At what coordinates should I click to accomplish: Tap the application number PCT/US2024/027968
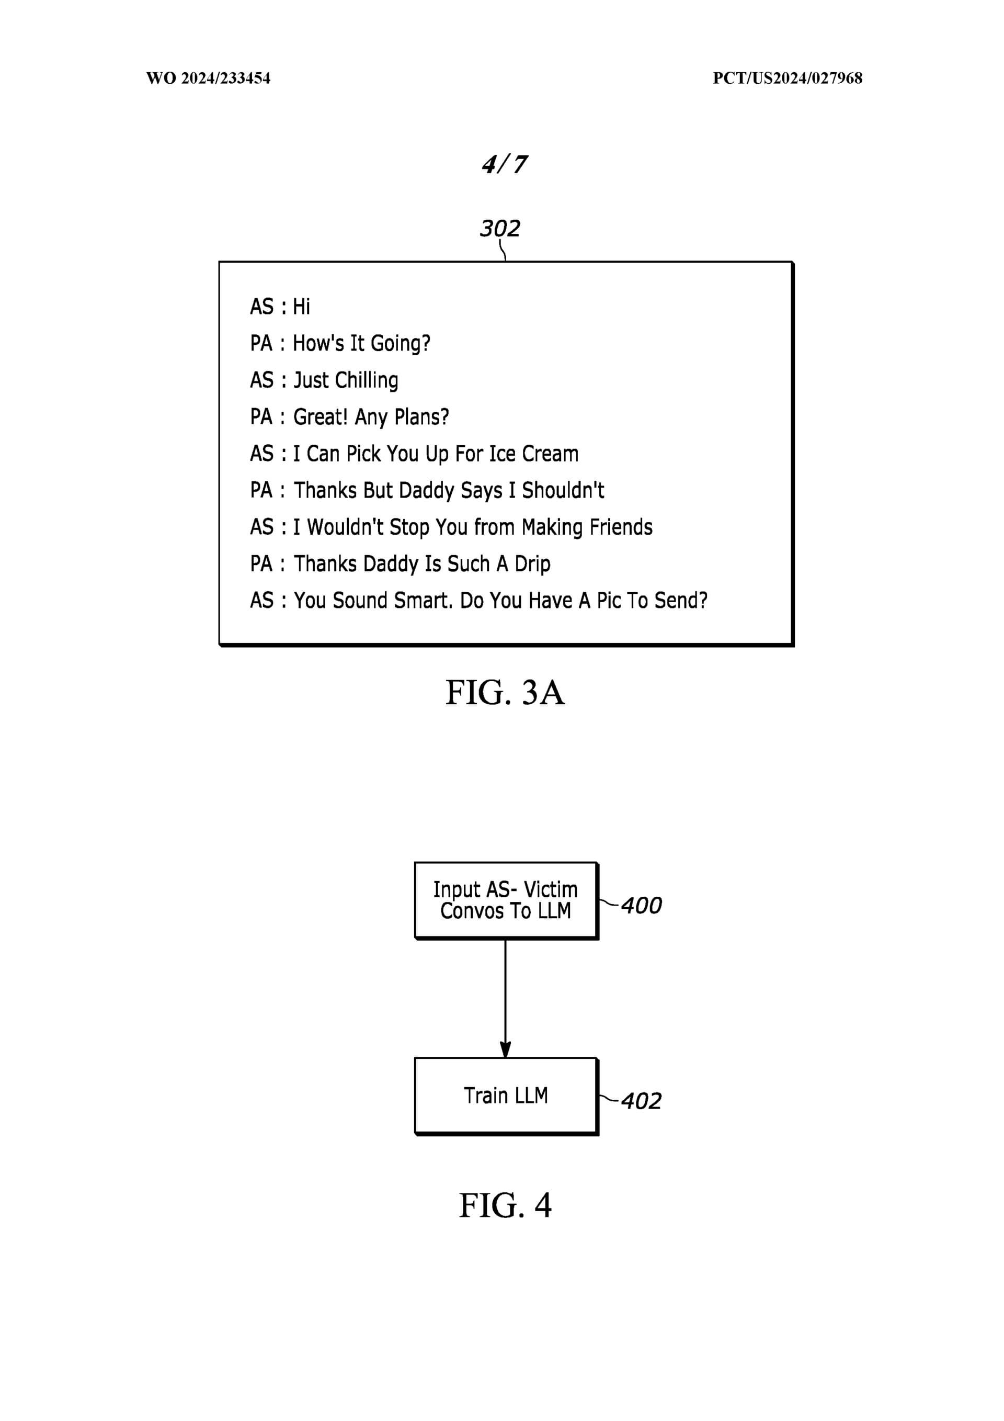[x=787, y=78]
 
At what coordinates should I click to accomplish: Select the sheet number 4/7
[x=504, y=165]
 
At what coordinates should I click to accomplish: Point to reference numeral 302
[x=500, y=228]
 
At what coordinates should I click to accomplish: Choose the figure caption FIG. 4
[x=505, y=1205]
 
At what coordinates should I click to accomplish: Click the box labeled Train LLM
[x=506, y=1096]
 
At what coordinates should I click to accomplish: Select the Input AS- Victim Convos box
[x=506, y=900]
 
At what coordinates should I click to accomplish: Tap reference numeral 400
[x=641, y=906]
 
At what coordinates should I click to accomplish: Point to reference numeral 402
[x=641, y=1101]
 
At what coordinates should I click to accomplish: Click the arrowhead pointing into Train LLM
[x=506, y=1049]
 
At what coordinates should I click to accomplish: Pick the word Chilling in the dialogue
[x=367, y=380]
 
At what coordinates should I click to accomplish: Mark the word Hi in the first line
[x=301, y=307]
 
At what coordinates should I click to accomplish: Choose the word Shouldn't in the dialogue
[x=563, y=490]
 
